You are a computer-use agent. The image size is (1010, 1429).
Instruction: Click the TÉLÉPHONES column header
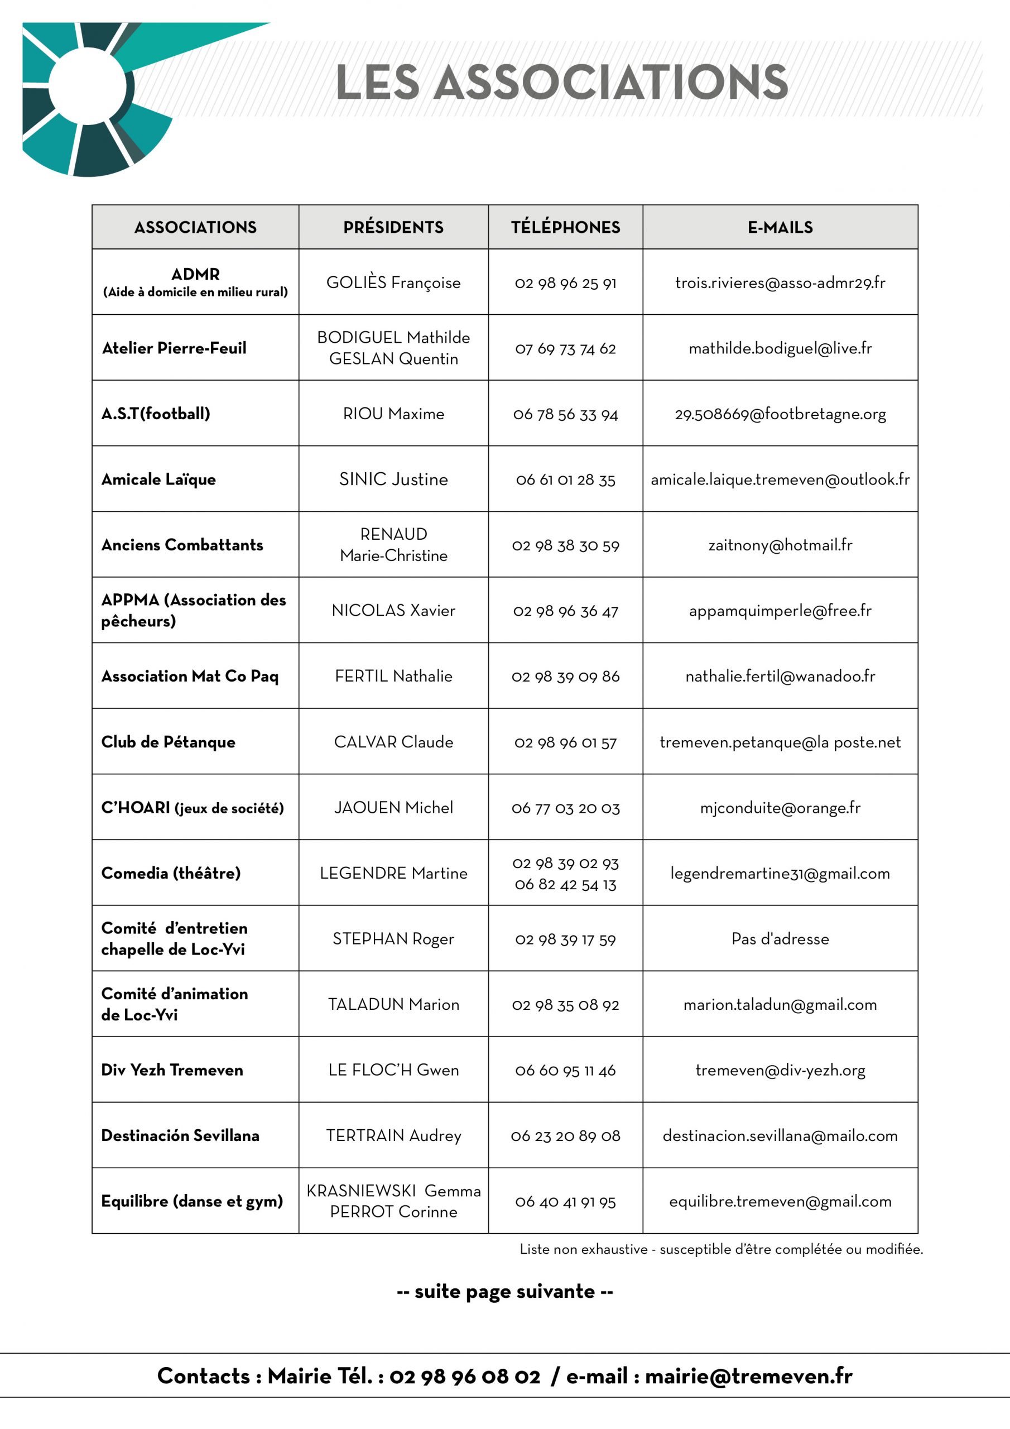click(565, 227)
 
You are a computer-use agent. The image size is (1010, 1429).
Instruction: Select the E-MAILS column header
click(780, 227)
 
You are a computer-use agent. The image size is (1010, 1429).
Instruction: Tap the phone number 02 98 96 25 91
click(565, 283)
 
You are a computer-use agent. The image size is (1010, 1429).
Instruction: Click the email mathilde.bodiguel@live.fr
click(780, 348)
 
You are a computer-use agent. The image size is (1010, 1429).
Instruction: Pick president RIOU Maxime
click(393, 414)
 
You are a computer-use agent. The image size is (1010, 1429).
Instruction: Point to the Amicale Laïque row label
click(158, 479)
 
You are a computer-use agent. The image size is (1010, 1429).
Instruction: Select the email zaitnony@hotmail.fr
click(780, 545)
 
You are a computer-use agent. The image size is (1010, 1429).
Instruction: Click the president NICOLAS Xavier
click(393, 611)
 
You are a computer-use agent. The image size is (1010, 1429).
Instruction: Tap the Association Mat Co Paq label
click(190, 676)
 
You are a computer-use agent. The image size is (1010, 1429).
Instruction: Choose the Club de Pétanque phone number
click(565, 742)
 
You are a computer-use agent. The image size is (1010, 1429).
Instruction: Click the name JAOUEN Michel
click(393, 808)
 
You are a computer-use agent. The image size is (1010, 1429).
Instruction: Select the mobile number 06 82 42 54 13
click(565, 884)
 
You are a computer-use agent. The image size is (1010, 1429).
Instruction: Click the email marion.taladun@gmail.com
click(780, 1005)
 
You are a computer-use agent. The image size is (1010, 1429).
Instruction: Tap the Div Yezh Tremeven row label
click(172, 1070)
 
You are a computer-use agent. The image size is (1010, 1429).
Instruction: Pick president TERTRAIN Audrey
click(393, 1136)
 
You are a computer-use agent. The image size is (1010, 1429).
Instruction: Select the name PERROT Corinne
click(393, 1212)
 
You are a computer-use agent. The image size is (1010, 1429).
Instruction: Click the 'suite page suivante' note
click(504, 1292)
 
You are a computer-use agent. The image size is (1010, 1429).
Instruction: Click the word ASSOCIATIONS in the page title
click(611, 82)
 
